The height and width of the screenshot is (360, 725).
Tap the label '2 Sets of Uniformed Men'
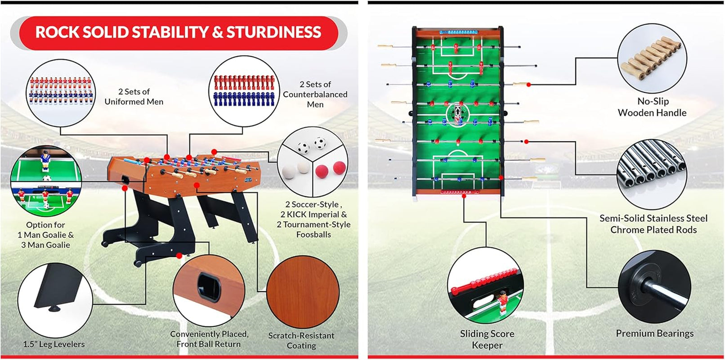click(x=134, y=97)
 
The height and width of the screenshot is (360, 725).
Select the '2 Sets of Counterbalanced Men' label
click(x=315, y=94)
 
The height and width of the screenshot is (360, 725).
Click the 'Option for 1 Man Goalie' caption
click(x=45, y=234)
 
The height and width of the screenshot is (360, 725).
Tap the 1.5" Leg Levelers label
click(x=54, y=344)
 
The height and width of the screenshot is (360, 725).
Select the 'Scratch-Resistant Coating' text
click(x=301, y=341)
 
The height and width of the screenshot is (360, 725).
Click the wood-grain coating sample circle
click(x=302, y=291)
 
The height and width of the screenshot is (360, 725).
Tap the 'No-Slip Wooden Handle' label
click(x=652, y=107)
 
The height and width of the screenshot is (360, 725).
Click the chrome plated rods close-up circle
click(x=652, y=172)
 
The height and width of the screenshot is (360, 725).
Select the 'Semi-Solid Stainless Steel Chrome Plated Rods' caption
click(x=653, y=224)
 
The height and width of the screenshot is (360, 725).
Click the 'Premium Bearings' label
click(x=654, y=333)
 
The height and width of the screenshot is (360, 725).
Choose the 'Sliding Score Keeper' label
click(x=487, y=339)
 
